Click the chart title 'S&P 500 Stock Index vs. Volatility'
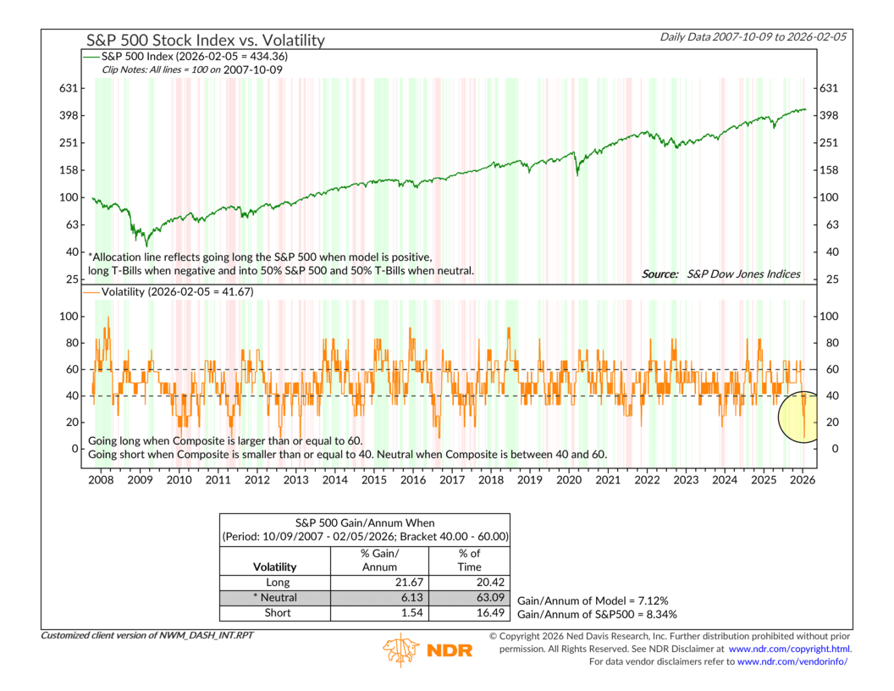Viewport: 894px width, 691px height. [205, 40]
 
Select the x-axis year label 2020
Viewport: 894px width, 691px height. [569, 480]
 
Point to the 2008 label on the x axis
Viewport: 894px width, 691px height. [102, 480]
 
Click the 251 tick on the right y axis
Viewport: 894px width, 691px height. [828, 143]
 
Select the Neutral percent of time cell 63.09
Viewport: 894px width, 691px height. [469, 597]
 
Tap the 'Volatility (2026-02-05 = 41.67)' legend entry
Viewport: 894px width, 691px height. [176, 292]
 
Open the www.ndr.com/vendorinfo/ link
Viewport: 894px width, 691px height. [792, 661]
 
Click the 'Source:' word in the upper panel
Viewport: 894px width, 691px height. [659, 274]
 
